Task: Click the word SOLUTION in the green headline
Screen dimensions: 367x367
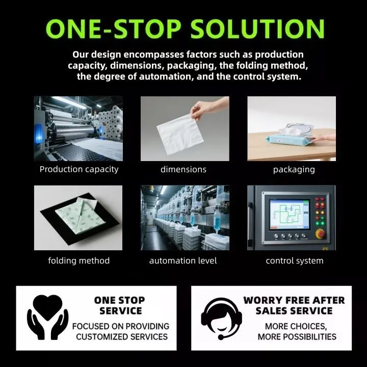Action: coord(257,29)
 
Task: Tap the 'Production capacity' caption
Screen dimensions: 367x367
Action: coord(79,169)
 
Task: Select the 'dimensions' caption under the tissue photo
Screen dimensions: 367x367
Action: coord(183,169)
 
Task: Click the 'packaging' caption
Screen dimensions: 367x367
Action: coord(294,170)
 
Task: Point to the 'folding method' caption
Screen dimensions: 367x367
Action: coord(79,260)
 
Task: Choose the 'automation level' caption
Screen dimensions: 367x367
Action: coord(183,260)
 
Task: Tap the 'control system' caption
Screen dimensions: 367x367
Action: coord(295,261)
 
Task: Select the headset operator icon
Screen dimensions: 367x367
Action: coord(221,318)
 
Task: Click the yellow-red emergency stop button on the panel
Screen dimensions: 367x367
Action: coord(320,233)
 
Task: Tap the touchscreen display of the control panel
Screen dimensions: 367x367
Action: coord(290,214)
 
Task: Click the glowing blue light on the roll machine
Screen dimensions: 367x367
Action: coord(39,134)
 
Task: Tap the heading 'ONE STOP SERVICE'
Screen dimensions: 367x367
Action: coord(120,305)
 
